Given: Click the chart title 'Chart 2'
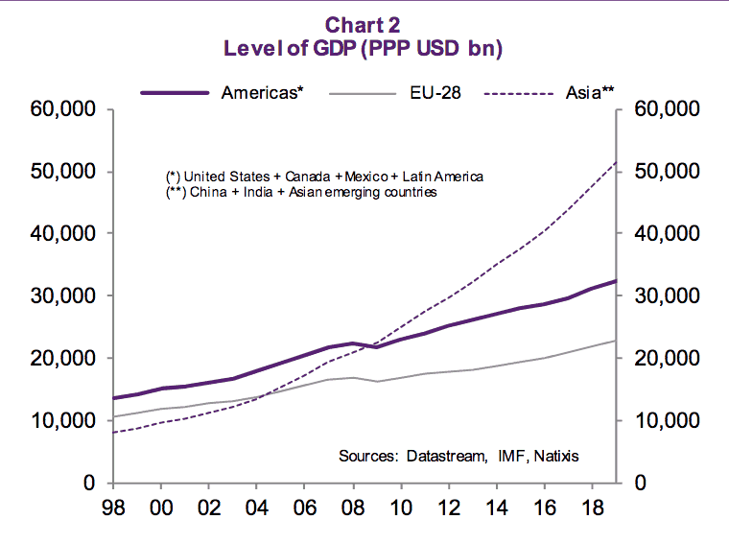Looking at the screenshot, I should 364,24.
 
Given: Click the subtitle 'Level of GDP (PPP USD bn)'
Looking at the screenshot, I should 364,48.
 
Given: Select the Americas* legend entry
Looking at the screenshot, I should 262,93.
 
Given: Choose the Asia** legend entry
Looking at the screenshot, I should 590,93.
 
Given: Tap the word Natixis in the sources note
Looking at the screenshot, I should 555,456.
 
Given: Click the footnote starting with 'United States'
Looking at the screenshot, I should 325,177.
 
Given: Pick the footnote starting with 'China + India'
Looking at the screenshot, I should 302,192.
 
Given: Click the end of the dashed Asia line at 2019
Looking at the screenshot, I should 616,162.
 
